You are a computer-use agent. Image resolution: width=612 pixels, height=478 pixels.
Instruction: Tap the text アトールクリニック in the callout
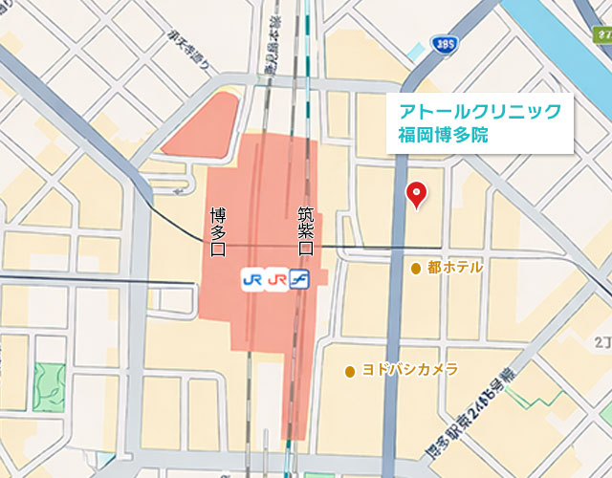pos(479,112)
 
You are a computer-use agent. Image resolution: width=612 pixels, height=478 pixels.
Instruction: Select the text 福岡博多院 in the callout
pos(443,135)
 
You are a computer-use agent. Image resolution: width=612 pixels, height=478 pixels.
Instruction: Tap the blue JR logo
pos(252,279)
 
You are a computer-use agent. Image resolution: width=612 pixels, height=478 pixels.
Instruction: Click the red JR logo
pos(277,279)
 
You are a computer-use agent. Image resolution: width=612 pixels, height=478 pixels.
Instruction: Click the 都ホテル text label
pos(455,268)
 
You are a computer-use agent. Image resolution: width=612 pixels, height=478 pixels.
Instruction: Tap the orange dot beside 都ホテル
pos(416,268)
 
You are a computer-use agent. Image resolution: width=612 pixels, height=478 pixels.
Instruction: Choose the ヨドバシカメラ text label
pos(409,370)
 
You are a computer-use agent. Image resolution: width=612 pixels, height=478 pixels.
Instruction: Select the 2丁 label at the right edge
pos(601,340)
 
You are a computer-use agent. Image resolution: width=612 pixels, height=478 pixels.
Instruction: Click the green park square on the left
pos(47,386)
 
